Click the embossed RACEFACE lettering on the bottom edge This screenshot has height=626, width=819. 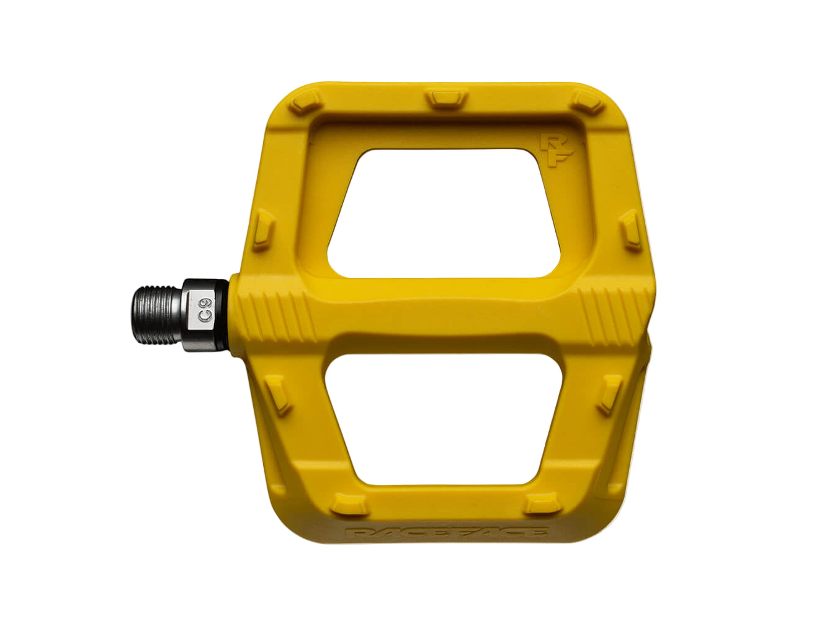click(x=446, y=533)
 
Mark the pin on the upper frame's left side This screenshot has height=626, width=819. click(x=264, y=229)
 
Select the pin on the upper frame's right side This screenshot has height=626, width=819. click(x=631, y=228)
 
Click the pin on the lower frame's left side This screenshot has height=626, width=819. click(x=279, y=394)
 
